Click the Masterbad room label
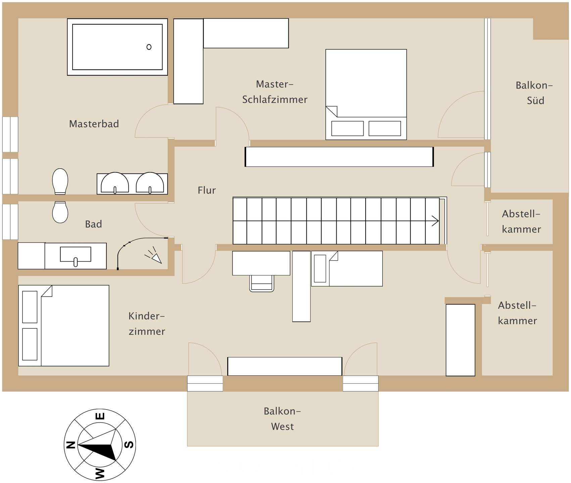(x=94, y=124)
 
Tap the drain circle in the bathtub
(x=149, y=47)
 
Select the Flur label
(x=207, y=190)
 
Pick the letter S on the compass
(x=129, y=445)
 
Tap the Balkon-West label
(x=282, y=419)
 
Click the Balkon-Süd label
(x=534, y=93)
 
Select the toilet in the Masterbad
(x=60, y=181)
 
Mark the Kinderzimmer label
(x=147, y=324)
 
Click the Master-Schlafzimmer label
(x=275, y=92)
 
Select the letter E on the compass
(x=100, y=416)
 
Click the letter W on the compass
(x=100, y=474)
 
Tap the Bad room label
(x=93, y=224)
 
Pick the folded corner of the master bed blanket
(x=331, y=111)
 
